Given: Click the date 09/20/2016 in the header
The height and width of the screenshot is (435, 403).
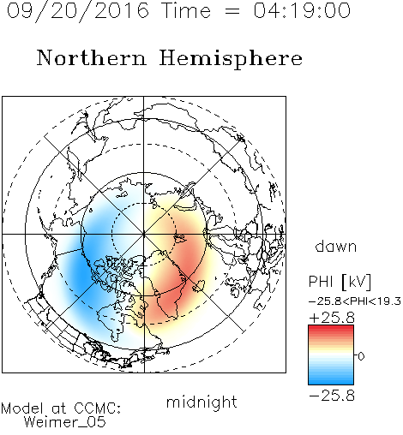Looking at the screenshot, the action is coord(78,11).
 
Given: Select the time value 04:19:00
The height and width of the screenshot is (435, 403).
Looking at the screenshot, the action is coord(302,11).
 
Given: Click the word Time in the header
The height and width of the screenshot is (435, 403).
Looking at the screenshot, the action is coord(186,11).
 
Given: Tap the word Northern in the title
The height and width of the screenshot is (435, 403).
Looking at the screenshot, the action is coord(92,58).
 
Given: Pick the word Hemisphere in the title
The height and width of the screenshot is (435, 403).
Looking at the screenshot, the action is coord(231,59).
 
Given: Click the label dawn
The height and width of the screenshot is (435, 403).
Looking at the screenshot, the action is coord(336,246).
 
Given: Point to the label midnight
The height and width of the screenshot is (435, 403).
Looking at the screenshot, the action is coord(201,402).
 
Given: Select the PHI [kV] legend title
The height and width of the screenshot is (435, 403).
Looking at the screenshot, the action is coord(340,282).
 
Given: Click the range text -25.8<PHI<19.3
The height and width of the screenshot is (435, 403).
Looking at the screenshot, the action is coord(355,301).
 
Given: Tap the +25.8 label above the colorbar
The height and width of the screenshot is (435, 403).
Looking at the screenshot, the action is coord(332,318).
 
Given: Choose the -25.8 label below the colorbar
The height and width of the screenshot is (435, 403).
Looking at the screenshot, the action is coord(332,396).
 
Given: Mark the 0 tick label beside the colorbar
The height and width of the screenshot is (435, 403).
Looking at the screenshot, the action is coord(361,356).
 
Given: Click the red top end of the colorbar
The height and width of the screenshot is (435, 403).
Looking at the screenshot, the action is coord(331,327).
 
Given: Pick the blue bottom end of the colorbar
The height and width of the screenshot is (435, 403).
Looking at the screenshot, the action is coord(331,382).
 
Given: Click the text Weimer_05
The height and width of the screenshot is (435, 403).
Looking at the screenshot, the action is coord(65,422).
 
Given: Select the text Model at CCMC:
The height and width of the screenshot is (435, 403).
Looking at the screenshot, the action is coord(61,408).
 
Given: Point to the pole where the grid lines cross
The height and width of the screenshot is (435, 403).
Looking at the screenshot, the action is coord(144,234).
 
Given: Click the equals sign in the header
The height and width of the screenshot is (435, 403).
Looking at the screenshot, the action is coord(232,11).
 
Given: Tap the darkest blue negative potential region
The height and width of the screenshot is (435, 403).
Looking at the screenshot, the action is coord(81,271).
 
